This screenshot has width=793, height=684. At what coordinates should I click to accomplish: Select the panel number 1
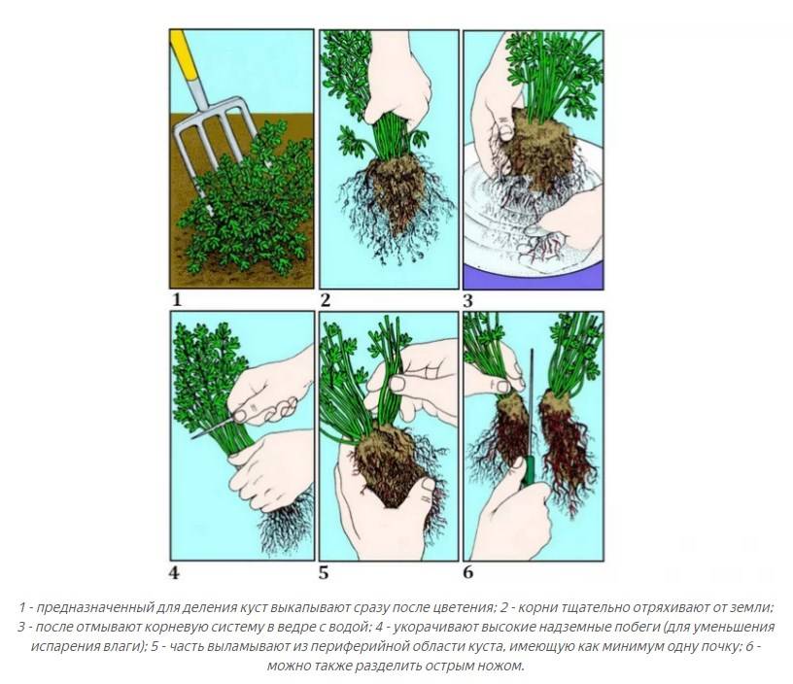pyautogui.click(x=177, y=300)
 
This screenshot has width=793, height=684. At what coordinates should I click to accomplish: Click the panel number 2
pyautogui.click(x=326, y=300)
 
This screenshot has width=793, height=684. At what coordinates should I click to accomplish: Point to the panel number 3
pyautogui.click(x=467, y=301)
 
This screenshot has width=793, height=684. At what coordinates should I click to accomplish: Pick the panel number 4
pyautogui.click(x=174, y=574)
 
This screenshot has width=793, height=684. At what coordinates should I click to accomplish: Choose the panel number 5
pyautogui.click(x=324, y=573)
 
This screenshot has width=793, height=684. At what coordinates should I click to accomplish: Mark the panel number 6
pyautogui.click(x=467, y=573)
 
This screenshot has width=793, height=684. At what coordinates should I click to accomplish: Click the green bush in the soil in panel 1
pyautogui.click(x=248, y=202)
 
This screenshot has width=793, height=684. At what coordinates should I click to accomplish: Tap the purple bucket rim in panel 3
pyautogui.click(x=534, y=277)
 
